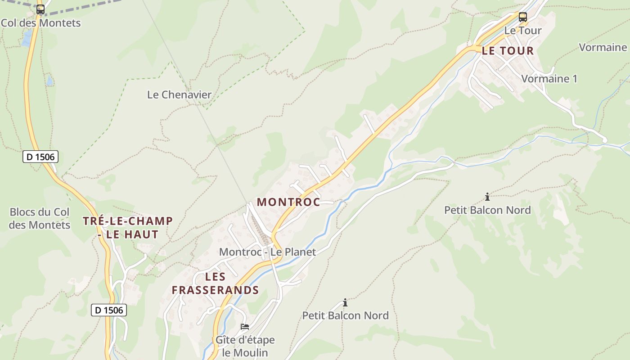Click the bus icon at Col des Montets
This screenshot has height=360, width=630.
coord(40,9)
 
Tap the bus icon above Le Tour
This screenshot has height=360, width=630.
coord(522,17)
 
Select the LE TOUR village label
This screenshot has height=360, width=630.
coord(508,51)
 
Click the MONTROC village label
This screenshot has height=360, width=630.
coord(288,202)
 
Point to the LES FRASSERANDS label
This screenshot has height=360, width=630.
coord(215,283)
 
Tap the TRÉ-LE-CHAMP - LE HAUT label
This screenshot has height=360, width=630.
coord(128,227)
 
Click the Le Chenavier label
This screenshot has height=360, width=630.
coord(179,95)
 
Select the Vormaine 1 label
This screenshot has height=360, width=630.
coord(549,79)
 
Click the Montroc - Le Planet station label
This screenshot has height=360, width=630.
coord(267,252)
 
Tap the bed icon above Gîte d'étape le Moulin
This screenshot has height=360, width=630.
coord(245,326)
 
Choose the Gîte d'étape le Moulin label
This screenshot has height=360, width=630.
coord(245,346)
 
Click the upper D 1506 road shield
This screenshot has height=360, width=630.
coord(40,157)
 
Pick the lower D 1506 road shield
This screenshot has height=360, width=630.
coord(109,310)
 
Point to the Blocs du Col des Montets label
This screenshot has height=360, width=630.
coord(40,218)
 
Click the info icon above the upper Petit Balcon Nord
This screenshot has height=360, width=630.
coord(487,197)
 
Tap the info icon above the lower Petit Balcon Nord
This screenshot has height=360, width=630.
coord(345,302)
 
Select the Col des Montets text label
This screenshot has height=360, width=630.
coord(40,23)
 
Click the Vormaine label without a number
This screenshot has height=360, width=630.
coord(603,47)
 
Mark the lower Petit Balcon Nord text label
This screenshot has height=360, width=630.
coord(345,315)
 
